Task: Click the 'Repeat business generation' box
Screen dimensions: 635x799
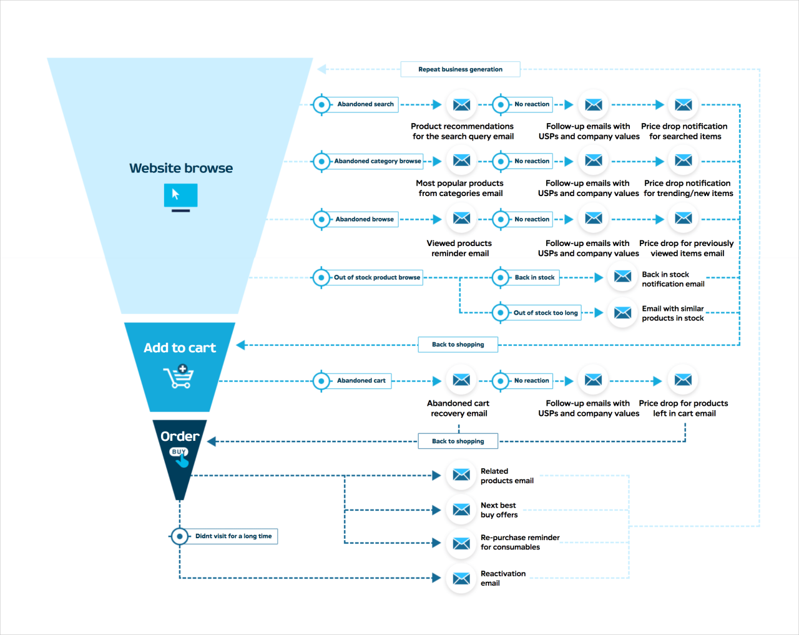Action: pos(460,69)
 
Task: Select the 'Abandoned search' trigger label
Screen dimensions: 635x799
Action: pos(365,104)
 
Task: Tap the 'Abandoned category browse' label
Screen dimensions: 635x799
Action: pos(377,161)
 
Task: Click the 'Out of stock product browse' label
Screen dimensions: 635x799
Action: pos(376,277)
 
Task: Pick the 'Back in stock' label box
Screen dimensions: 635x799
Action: pos(534,277)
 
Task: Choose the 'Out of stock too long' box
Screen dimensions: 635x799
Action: pos(545,313)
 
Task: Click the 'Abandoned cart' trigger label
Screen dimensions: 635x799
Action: pos(361,380)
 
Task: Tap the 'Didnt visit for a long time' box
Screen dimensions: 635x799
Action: pos(233,536)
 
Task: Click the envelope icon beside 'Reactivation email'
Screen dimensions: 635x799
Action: pos(461,579)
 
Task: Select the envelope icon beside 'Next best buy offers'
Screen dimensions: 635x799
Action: pos(461,510)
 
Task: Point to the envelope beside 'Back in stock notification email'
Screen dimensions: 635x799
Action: pos(622,277)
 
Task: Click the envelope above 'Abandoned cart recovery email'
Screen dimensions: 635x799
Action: pos(461,380)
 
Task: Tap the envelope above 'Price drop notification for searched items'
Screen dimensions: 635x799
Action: pos(684,105)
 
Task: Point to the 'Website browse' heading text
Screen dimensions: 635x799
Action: pos(181,168)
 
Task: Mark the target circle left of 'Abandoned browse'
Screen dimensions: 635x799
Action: pos(321,219)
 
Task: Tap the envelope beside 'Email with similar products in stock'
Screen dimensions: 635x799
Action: pos(622,313)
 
